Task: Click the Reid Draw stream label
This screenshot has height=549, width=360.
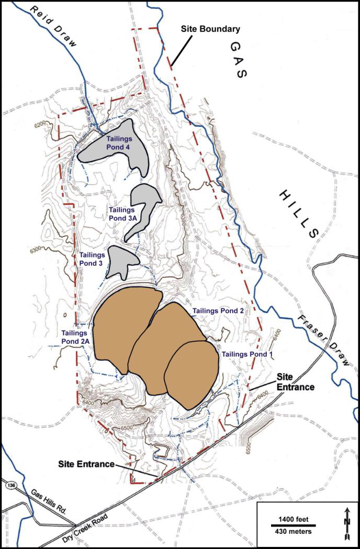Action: point(53,27)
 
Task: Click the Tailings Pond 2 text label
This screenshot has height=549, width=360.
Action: point(218,310)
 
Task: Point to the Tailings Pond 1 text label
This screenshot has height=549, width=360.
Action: point(248,354)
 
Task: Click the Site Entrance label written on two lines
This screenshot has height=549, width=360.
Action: point(295,384)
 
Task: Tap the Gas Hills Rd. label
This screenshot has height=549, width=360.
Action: point(50,501)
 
